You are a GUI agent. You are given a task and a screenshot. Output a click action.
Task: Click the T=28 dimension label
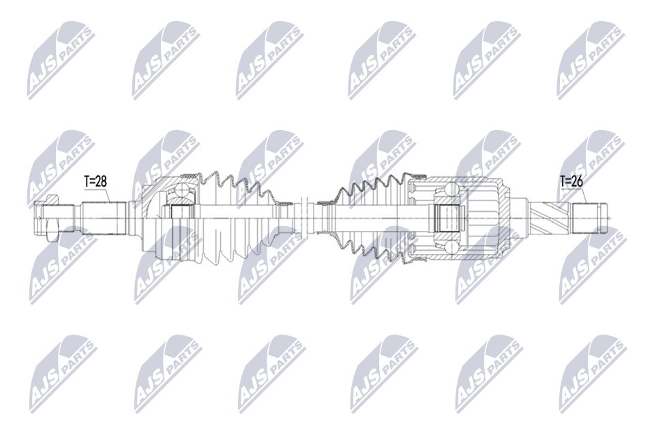point(96,181)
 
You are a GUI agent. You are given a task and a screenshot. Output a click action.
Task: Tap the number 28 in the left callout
point(102,181)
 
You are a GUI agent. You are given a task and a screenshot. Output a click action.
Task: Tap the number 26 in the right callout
point(578,181)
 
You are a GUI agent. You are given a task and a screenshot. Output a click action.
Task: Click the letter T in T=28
point(87,181)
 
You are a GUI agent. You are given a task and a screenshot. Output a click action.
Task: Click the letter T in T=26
point(563,181)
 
